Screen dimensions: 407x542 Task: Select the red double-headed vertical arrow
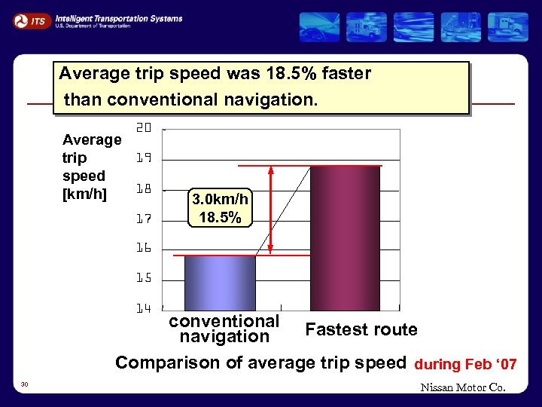(271, 210)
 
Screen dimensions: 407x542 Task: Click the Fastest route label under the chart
(361, 329)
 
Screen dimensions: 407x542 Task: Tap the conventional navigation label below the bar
(224, 329)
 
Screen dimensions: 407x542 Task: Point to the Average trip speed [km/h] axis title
(91, 167)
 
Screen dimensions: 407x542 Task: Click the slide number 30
(25, 384)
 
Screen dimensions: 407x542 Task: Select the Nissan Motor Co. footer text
(463, 388)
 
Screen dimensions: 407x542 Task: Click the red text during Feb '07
(465, 364)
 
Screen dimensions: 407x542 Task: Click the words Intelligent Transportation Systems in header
(118, 18)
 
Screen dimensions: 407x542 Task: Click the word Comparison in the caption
(169, 363)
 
